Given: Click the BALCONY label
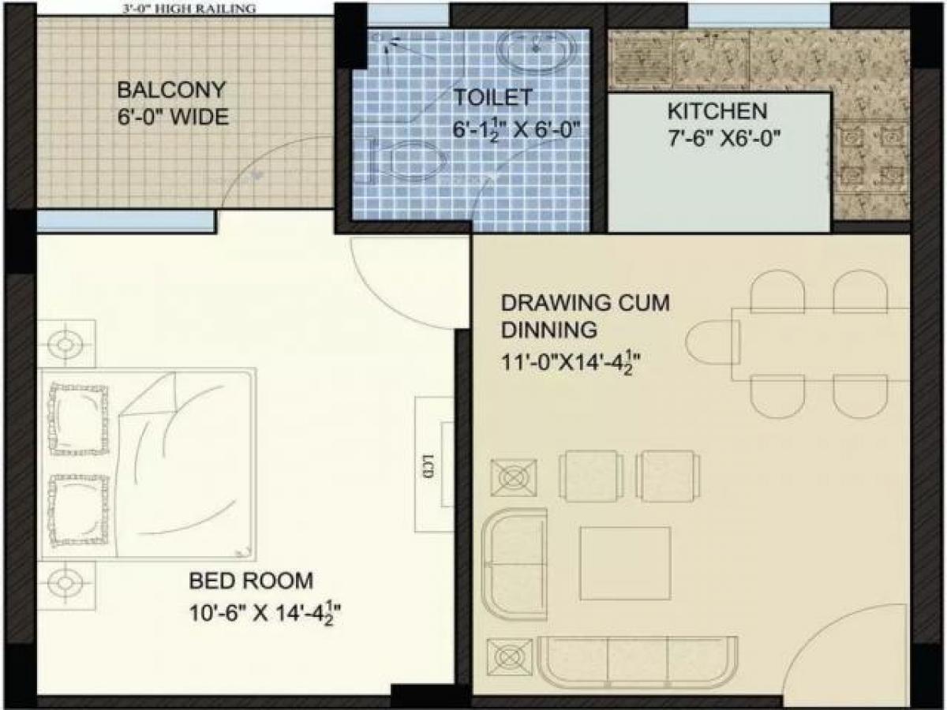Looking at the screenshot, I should (x=171, y=88).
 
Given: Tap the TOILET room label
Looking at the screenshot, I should (x=492, y=99).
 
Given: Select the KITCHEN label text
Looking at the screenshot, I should (x=717, y=110).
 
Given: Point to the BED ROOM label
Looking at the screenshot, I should (x=251, y=581).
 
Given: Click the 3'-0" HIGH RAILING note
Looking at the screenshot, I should (x=190, y=9).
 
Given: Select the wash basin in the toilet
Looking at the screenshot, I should (x=534, y=52).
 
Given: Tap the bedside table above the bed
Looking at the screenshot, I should (x=66, y=344).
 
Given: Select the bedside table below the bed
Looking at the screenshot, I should (x=66, y=584).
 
